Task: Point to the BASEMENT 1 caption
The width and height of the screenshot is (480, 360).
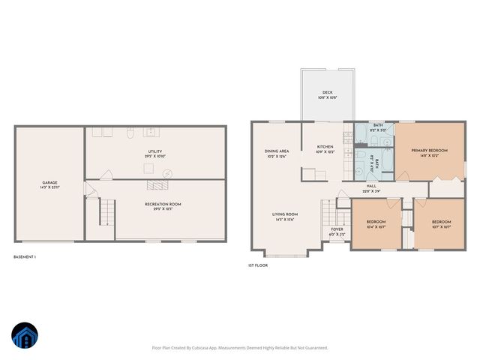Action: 25,257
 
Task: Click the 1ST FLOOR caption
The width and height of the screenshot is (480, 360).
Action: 257,265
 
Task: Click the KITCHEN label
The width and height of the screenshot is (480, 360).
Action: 325,148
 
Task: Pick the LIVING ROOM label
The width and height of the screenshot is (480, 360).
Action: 285,216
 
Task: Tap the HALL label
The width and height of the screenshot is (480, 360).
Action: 370,187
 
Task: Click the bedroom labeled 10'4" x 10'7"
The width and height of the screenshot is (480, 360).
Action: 376,223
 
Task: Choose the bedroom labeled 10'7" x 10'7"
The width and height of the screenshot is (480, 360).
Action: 441,223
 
